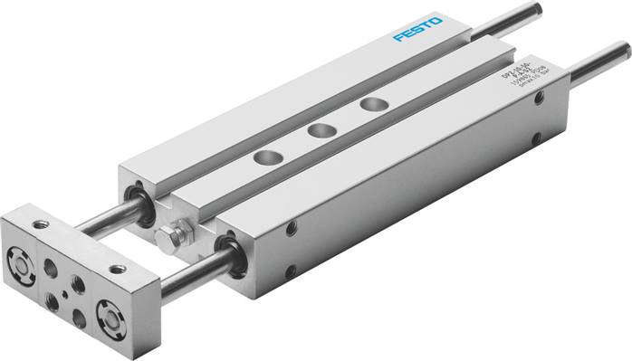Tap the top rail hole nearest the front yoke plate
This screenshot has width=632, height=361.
point(266,158)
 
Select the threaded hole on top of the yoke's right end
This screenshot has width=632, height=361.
point(117,269)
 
